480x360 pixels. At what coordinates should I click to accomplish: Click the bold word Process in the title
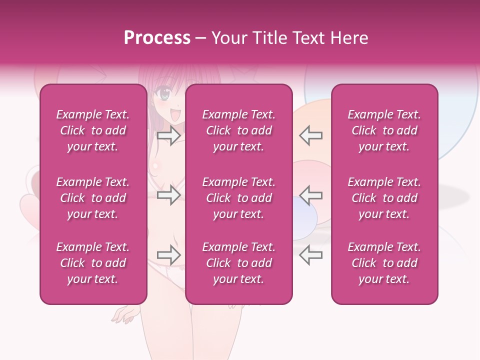(157, 38)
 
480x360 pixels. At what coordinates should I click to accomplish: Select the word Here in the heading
(350, 38)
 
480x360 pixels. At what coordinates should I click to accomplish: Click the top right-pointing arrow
(169, 136)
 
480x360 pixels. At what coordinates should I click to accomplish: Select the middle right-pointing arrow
(169, 195)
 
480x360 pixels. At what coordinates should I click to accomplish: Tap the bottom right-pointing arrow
(169, 254)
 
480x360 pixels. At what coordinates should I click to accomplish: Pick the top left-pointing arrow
(311, 136)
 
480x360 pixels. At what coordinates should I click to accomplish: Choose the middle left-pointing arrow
(311, 195)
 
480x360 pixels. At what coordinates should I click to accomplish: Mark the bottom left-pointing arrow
(311, 254)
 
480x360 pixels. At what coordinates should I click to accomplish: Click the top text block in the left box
(93, 130)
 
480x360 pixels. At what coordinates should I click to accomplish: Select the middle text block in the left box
(93, 198)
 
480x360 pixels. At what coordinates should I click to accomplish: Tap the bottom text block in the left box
(93, 263)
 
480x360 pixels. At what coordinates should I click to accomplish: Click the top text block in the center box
(239, 130)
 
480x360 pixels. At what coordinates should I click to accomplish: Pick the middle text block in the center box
(239, 198)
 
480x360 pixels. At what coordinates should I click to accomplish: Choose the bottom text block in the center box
(239, 263)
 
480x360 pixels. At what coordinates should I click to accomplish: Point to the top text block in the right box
(384, 130)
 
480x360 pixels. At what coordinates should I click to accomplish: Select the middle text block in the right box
(384, 198)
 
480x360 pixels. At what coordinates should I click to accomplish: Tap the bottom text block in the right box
(384, 263)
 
